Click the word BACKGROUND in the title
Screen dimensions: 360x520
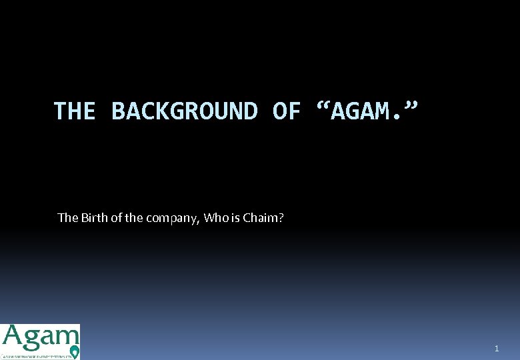coord(185,111)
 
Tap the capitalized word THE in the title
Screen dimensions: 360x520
coord(75,111)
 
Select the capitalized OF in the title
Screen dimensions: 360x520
coord(287,111)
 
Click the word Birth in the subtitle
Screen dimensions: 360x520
coord(95,217)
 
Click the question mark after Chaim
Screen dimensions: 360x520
coord(281,217)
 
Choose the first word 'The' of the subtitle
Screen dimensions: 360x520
coord(68,217)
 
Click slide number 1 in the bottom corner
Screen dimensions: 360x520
coord(497,349)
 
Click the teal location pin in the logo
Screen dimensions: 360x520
coord(74,351)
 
